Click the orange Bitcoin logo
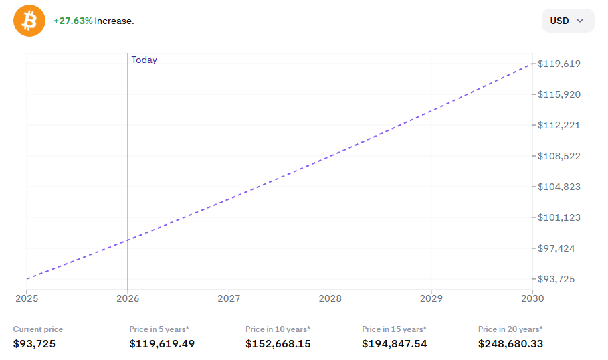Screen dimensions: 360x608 [29, 21]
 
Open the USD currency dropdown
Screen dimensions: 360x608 [567, 21]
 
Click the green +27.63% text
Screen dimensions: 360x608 [73, 21]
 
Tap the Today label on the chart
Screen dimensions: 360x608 [144, 60]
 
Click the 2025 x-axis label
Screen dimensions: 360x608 [27, 298]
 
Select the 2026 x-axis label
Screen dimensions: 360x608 [128, 298]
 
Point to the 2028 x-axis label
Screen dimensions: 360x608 [330, 298]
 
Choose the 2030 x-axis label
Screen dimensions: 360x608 [532, 298]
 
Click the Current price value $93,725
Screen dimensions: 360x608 [34, 344]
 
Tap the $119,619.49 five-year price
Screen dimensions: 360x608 [162, 344]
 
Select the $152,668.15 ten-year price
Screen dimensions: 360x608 [278, 344]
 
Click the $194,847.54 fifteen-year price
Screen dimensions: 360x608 [395, 344]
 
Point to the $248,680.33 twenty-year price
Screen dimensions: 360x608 [511, 344]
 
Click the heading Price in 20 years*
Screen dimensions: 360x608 [510, 329]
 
